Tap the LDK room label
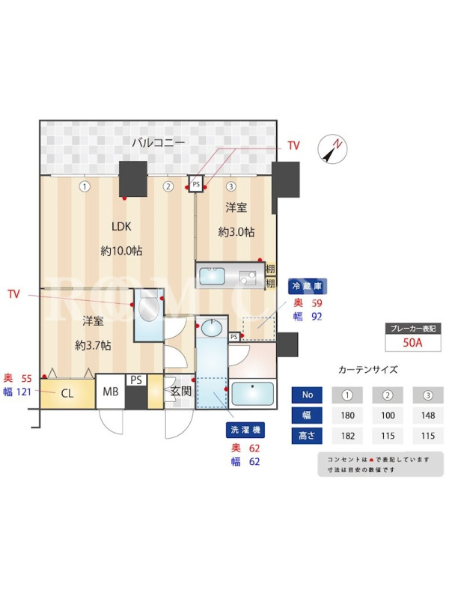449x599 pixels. pos(121,227)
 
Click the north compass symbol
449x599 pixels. pos(334,148)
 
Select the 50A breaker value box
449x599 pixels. pos(413,343)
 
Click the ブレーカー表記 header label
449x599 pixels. pos(413,328)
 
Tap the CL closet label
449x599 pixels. pos(67,392)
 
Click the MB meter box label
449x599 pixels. pos(110,392)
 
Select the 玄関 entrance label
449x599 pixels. pos(180,391)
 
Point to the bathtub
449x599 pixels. pos(253,393)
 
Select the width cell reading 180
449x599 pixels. pos(347,416)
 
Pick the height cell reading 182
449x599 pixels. pos(347,436)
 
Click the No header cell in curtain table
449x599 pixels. pos(308,395)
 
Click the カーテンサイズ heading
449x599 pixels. pos(368,370)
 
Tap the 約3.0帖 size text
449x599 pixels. pos(236,232)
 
